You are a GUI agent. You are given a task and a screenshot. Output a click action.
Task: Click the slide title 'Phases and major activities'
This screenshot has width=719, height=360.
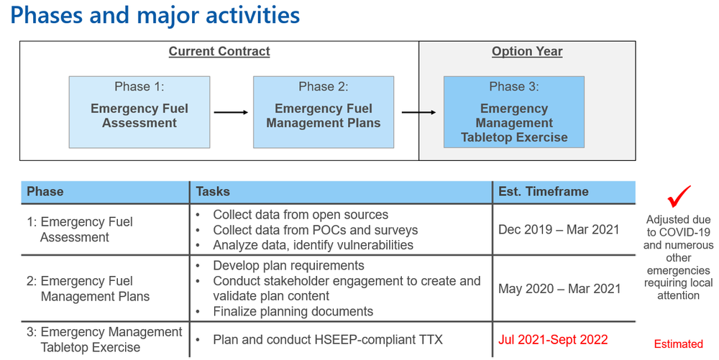pyautogui.click(x=155, y=16)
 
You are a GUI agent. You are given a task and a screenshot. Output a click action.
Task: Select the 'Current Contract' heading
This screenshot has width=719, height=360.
pyautogui.click(x=219, y=52)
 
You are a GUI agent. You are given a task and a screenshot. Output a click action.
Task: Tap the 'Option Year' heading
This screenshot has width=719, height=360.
pyautogui.click(x=527, y=52)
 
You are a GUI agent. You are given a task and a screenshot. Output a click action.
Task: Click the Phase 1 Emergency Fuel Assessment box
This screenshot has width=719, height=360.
pyautogui.click(x=139, y=112)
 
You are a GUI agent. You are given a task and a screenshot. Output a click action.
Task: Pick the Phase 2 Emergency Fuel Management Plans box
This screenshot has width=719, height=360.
pyautogui.click(x=324, y=112)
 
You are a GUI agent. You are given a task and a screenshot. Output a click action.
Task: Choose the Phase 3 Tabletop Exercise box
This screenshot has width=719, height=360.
pyautogui.click(x=514, y=112)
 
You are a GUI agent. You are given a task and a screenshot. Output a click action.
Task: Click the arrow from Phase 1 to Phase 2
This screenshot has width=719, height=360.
pyautogui.click(x=231, y=112)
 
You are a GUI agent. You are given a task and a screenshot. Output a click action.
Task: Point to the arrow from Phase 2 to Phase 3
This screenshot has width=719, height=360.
pyautogui.click(x=418, y=112)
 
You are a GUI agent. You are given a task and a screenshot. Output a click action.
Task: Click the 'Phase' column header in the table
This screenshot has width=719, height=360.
pyautogui.click(x=45, y=192)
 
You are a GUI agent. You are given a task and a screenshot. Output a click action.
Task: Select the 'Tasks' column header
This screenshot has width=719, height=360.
pyautogui.click(x=213, y=192)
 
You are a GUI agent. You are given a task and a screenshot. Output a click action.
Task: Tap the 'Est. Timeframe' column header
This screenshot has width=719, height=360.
pyautogui.click(x=543, y=192)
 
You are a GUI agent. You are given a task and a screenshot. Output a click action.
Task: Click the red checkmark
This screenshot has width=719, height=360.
pyautogui.click(x=678, y=196)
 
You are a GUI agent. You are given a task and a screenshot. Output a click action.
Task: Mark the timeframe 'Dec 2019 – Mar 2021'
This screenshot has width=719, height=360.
pyautogui.click(x=559, y=230)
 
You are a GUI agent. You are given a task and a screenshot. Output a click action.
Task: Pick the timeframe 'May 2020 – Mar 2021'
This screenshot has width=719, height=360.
pyautogui.click(x=559, y=288)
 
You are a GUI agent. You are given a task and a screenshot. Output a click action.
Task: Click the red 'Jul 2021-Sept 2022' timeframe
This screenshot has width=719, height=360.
pyautogui.click(x=554, y=340)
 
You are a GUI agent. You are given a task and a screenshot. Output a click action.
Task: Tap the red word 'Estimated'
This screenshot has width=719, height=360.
pyautogui.click(x=678, y=344)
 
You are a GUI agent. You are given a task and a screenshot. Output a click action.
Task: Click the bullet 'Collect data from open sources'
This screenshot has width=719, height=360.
pyautogui.click(x=300, y=215)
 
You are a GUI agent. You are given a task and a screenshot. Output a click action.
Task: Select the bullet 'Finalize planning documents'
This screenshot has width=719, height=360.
pyautogui.click(x=293, y=311)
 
